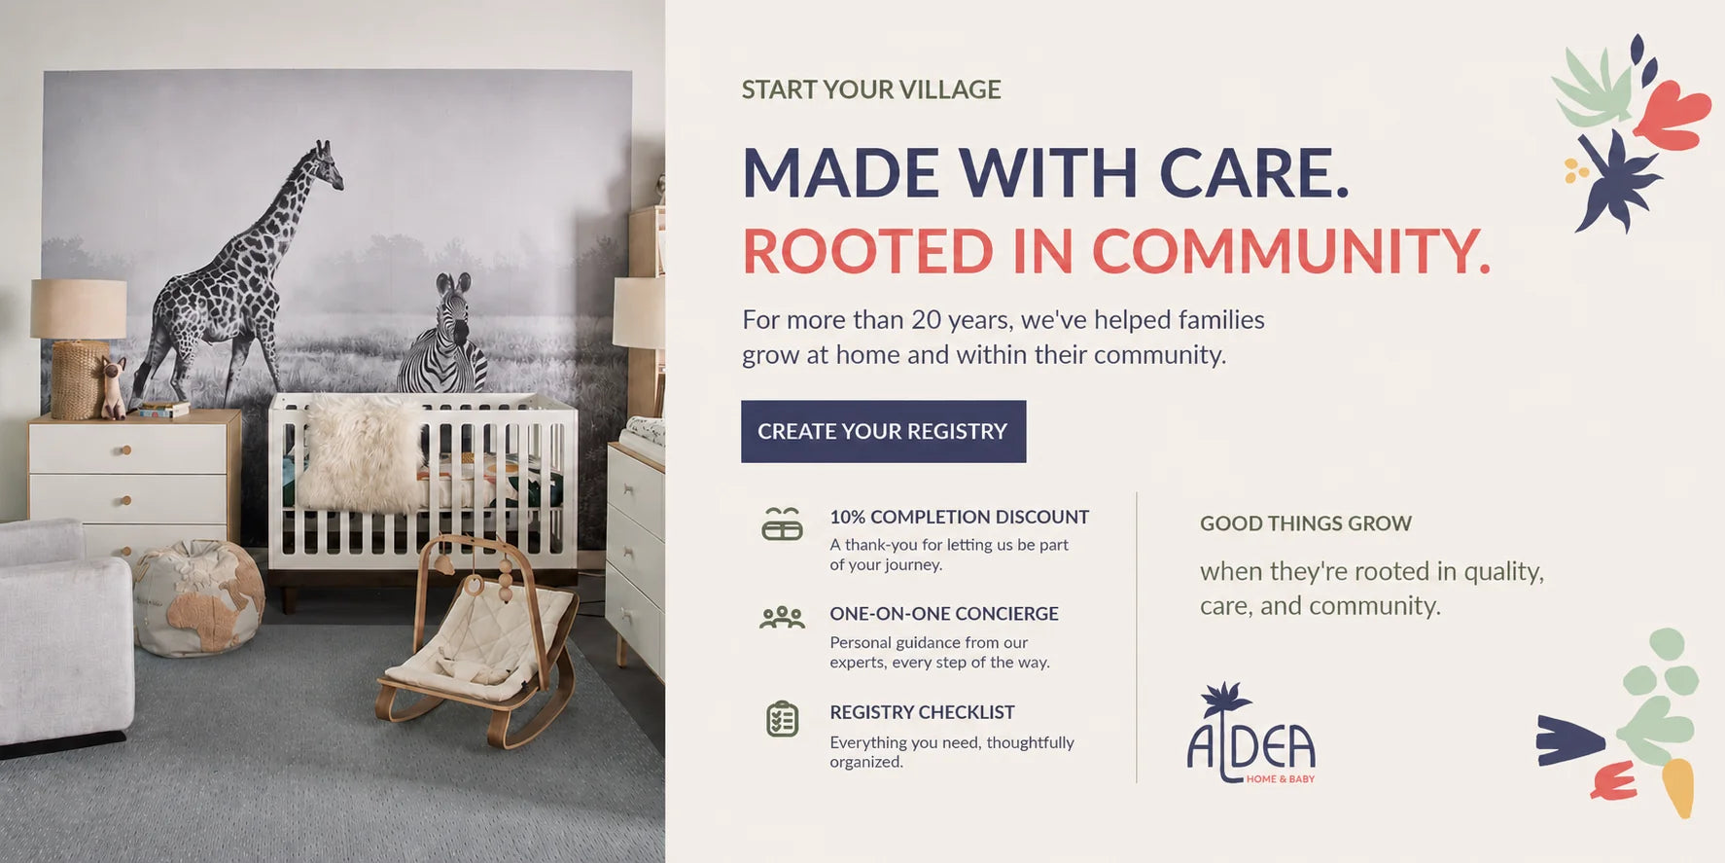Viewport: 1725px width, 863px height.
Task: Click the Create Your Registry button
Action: pos(883,431)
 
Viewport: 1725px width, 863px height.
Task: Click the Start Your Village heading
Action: pos(871,90)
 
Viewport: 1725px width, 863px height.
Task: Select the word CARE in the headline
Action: pos(1254,173)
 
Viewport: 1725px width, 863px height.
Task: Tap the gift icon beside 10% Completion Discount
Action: pos(782,523)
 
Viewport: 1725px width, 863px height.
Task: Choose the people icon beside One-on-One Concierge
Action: pos(782,618)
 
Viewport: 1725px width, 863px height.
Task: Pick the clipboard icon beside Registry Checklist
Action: pos(782,719)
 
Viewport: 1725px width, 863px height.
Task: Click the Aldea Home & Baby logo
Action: pos(1251,733)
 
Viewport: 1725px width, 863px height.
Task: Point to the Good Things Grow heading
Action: pos(1306,523)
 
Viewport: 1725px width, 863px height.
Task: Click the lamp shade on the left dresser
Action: pos(78,309)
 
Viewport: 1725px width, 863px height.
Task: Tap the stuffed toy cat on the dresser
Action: pos(114,387)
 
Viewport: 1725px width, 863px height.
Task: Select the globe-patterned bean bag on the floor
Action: pos(198,597)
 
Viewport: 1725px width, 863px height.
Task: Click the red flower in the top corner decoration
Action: pos(1672,115)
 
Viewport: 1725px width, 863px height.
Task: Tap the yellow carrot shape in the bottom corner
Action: pos(1678,787)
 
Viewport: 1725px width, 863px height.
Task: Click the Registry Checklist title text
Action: pos(922,712)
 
